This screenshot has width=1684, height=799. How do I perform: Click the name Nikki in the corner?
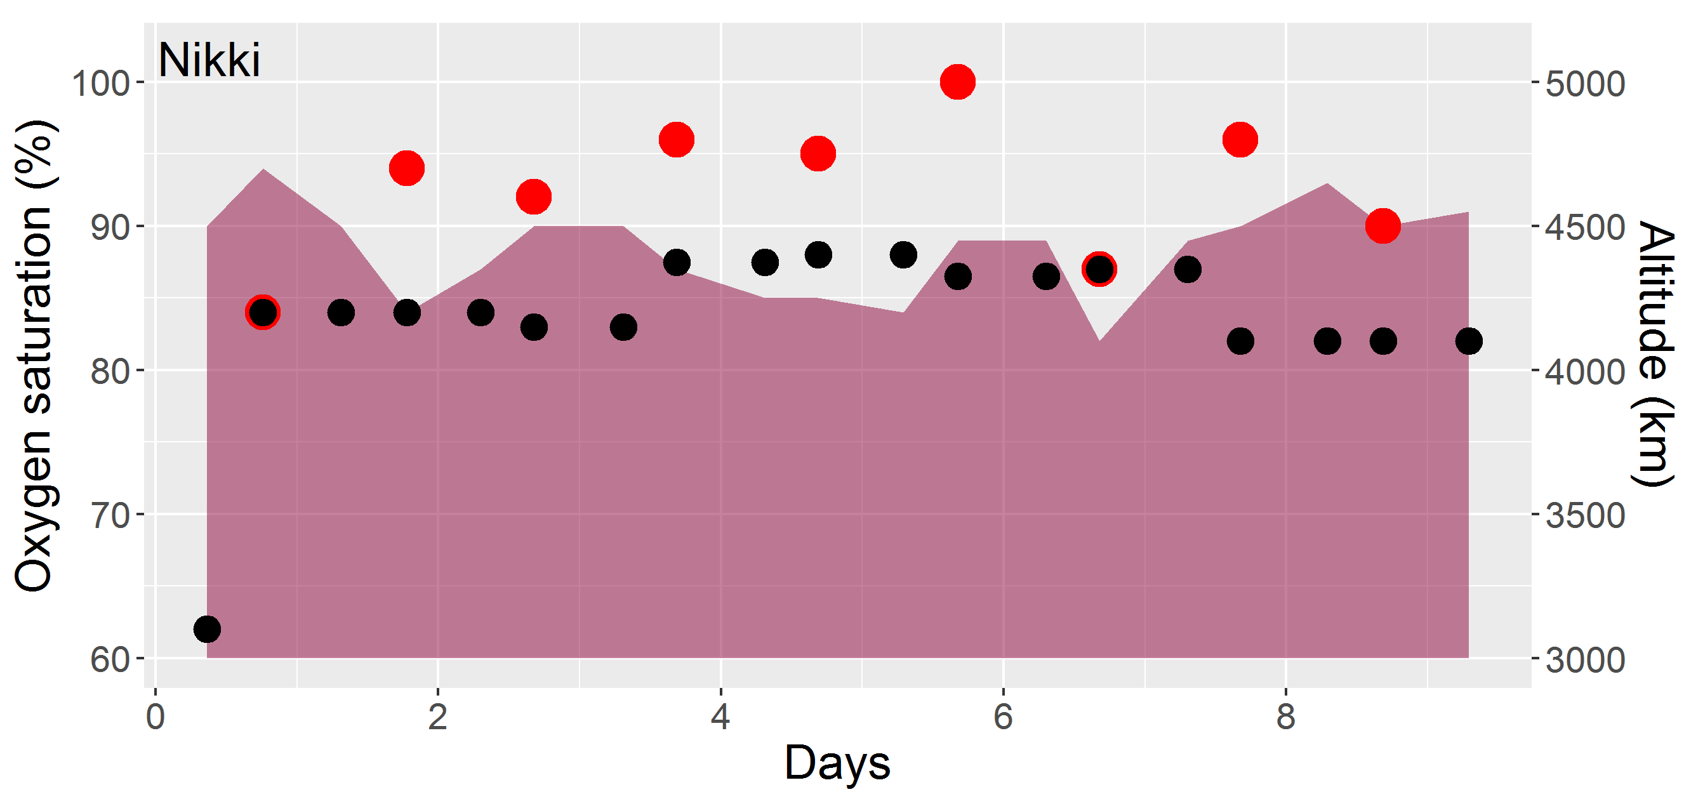pyautogui.click(x=209, y=60)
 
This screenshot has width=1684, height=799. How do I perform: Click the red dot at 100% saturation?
pyautogui.click(x=958, y=82)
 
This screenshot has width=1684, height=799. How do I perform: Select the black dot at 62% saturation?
pyautogui.click(x=207, y=629)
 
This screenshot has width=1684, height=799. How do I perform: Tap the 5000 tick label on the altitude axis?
pyautogui.click(x=1584, y=84)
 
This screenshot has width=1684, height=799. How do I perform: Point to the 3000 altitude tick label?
pyautogui.click(x=1584, y=660)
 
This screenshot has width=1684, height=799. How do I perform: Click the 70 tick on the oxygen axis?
pyautogui.click(x=110, y=515)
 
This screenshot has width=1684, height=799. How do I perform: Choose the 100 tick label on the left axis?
pyautogui.click(x=100, y=84)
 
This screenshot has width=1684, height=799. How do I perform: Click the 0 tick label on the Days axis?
pyautogui.click(x=155, y=716)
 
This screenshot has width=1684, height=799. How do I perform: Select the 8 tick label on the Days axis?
pyautogui.click(x=1286, y=716)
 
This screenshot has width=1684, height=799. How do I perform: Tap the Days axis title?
pyautogui.click(x=837, y=762)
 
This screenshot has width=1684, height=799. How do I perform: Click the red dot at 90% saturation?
pyautogui.click(x=1382, y=226)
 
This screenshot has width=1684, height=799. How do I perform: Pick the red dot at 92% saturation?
pyautogui.click(x=533, y=197)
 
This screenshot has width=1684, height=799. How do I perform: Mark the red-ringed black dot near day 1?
pyautogui.click(x=263, y=312)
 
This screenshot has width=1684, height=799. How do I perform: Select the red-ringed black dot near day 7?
pyautogui.click(x=1099, y=268)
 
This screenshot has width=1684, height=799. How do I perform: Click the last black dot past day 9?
pyautogui.click(x=1469, y=341)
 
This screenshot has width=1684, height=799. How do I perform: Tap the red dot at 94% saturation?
pyautogui.click(x=407, y=168)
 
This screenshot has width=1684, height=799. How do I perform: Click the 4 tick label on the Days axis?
pyautogui.click(x=720, y=716)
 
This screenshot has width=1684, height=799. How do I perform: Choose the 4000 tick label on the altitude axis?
pyautogui.click(x=1584, y=372)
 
